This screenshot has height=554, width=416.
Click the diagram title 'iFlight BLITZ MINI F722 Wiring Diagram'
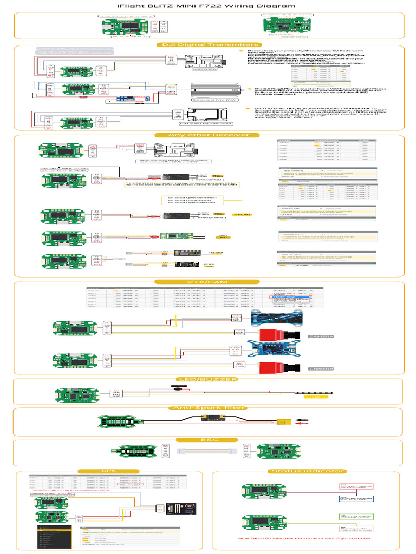click(x=207, y=6)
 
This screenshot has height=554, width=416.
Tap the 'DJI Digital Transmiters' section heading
click(x=207, y=45)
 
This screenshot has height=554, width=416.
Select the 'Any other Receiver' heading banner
click(x=207, y=135)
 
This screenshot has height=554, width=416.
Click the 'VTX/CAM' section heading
click(x=207, y=282)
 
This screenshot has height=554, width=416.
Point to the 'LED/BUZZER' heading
click(x=207, y=379)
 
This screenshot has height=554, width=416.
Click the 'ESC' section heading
click(x=207, y=439)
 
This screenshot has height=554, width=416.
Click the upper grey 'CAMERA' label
click(x=317, y=337)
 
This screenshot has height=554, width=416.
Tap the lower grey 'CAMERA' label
click(x=317, y=368)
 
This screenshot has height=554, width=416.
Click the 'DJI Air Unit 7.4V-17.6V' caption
click(x=206, y=100)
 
